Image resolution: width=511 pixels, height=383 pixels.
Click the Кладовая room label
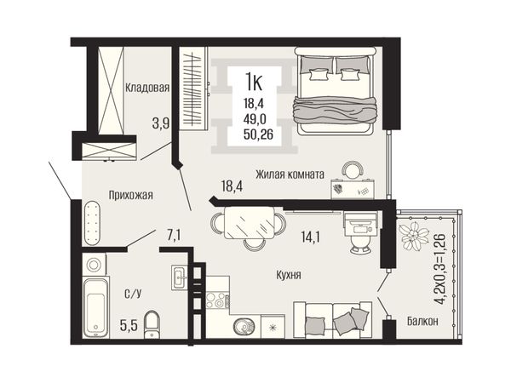click(147, 88)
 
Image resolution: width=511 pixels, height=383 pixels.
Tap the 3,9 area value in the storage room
click(161, 123)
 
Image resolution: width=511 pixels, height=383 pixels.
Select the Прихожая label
click(130, 196)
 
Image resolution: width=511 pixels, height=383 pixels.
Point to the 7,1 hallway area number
click(174, 235)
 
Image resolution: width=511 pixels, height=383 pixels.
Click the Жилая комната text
click(290, 174)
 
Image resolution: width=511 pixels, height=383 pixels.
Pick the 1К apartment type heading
click(254, 82)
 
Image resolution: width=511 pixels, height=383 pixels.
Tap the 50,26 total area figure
click(258, 134)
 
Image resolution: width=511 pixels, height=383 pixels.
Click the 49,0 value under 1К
click(255, 119)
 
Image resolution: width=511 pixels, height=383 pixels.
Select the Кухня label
click(289, 275)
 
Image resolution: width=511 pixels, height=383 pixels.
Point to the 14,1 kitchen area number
click(311, 237)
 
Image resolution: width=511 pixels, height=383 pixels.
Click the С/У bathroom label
click(133, 294)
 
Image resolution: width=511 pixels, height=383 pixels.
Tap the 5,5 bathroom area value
click(128, 325)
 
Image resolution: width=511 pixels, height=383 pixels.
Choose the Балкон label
click(422, 322)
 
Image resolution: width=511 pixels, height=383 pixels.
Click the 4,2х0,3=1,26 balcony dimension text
click(440, 269)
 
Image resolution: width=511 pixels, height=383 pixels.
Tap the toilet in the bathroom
click(152, 324)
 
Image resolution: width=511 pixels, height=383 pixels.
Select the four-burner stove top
click(217, 300)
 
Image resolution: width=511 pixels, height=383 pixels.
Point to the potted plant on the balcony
click(414, 236)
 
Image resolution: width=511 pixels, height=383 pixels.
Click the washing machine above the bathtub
click(94, 264)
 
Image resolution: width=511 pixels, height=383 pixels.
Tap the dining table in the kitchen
click(250, 223)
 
